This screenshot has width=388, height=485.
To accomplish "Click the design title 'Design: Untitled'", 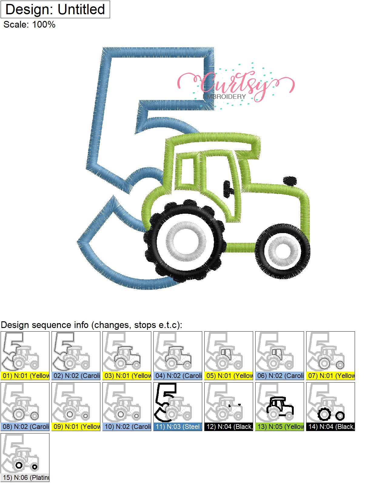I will pos(55,9).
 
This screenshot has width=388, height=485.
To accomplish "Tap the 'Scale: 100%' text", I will pos(29,25).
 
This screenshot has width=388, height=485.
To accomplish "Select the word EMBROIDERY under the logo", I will pos(224,97).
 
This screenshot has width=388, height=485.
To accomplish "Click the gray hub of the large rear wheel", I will pos(186,242).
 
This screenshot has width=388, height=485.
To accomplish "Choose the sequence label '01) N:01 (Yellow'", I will pos(25,376).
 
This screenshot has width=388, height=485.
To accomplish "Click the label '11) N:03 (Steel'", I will pos(178,427).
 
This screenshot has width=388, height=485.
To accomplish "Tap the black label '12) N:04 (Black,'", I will pos(229,427).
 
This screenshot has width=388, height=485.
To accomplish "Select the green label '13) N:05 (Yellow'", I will pos(279,427).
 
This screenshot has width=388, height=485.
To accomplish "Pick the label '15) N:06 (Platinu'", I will pos(25,478).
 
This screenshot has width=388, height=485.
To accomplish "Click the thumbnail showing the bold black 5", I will pos(178,403).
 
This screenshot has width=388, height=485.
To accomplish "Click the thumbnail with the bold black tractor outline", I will pos(279,403).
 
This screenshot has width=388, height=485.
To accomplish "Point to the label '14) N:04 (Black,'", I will pos(330,427).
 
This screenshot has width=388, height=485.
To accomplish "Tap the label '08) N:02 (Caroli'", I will pos(25,427).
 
